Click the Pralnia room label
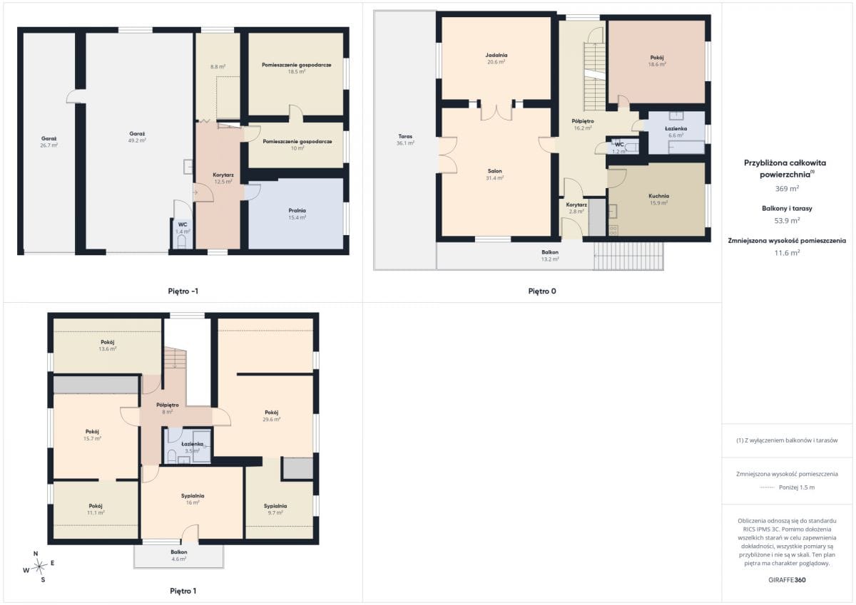coord(297,210)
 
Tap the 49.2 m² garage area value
coord(137,140)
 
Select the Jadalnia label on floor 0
coord(496,55)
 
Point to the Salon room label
coord(494,171)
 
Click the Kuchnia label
coord(659,196)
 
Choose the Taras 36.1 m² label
coord(405,140)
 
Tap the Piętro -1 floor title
coord(183,291)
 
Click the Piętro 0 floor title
coord(542,291)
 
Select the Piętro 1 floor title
coord(183,591)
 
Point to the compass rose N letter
coord(36,554)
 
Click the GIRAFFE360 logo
coord(787,580)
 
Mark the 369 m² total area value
coord(787,189)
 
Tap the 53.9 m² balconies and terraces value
coord(787,221)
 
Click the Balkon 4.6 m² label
coord(179,555)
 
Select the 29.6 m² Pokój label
coord(271,416)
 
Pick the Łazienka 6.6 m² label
coord(676,132)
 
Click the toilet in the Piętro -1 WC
coord(182,242)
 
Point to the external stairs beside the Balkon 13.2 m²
coord(628,256)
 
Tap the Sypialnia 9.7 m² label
coord(275,510)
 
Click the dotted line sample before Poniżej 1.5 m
coord(767,487)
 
